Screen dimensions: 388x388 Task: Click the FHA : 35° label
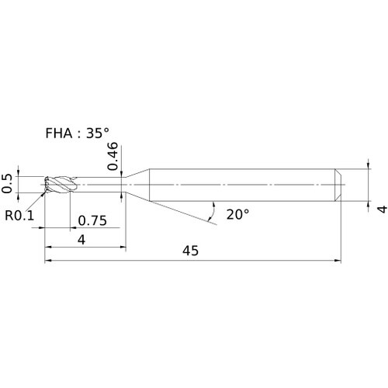[77, 133]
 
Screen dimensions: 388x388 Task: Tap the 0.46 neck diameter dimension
[113, 156]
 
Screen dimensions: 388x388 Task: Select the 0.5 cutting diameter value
[7, 184]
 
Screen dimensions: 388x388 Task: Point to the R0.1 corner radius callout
[19, 215]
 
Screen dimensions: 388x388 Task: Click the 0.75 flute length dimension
[92, 220]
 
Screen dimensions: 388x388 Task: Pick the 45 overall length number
[190, 251]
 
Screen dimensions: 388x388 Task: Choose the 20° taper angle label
[237, 214]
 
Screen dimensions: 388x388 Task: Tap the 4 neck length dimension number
[81, 240]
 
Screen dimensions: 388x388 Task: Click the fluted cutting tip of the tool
[60, 185]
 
